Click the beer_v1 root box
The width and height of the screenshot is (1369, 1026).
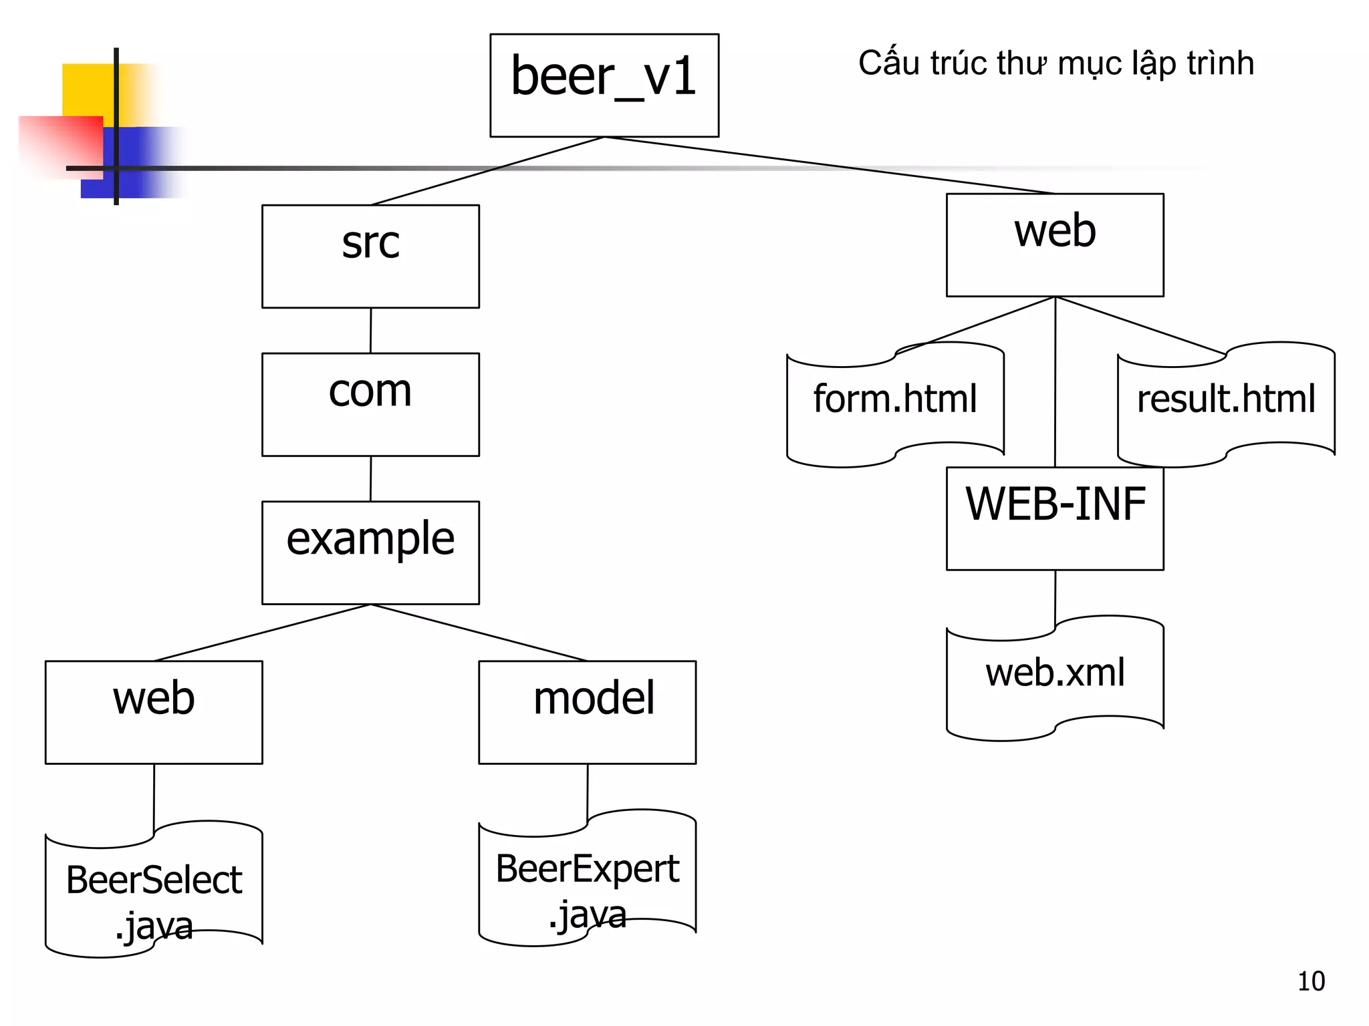pyautogui.click(x=604, y=85)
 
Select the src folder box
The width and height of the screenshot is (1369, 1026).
pyautogui.click(x=370, y=256)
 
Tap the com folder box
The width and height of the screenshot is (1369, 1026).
pyautogui.click(x=370, y=404)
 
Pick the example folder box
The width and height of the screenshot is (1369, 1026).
pyautogui.click(x=370, y=552)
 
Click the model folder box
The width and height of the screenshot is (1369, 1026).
pyautogui.click(x=587, y=712)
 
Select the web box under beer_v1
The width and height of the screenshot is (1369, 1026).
pyautogui.click(x=1055, y=244)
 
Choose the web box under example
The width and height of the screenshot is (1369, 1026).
pyautogui.click(x=154, y=712)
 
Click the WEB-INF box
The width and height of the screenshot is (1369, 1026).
pyautogui.click(x=1055, y=518)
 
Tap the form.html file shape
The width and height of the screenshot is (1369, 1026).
pyautogui.click(x=895, y=405)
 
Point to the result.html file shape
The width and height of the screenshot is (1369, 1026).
pyautogui.click(x=1226, y=405)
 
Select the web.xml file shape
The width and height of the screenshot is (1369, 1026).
pyautogui.click(x=1055, y=678)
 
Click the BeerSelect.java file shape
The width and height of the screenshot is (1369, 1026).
pyautogui.click(x=154, y=890)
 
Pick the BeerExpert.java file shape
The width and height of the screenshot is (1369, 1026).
pyautogui.click(x=587, y=878)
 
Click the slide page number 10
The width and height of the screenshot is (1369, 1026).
pyautogui.click(x=1311, y=981)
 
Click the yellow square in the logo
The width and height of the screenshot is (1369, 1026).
pyautogui.click(x=87, y=90)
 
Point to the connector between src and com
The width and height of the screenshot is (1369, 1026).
pyautogui.click(x=370, y=331)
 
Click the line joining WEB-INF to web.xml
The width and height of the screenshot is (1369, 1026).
pyautogui.click(x=1055, y=598)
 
